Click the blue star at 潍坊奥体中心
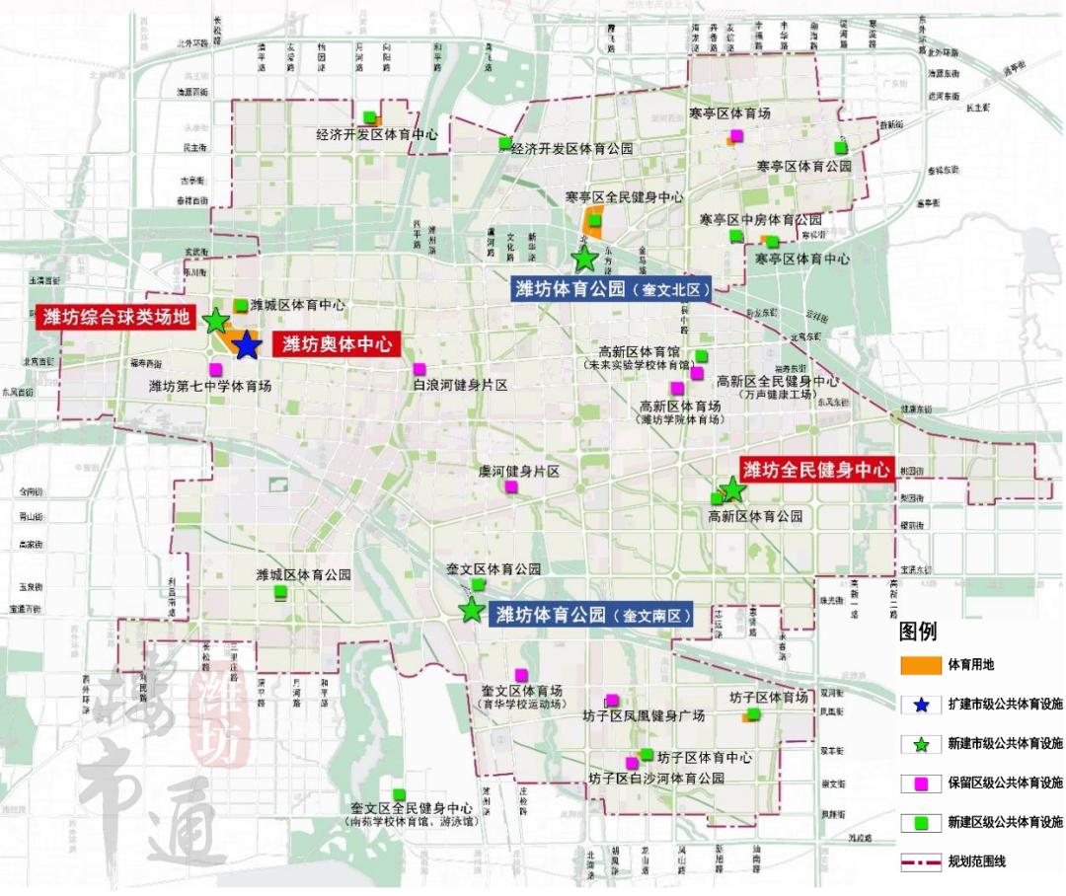246,345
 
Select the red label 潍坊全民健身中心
817,469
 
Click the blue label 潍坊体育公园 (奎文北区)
612,289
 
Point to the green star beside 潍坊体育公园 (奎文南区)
472,611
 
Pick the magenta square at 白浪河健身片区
419,369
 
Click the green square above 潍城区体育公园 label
280,592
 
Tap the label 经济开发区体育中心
376,134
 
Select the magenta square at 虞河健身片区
510,488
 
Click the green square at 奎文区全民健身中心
399,794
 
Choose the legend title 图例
918,632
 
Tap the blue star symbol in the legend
920,705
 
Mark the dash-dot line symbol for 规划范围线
920,861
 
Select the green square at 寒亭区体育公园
840,148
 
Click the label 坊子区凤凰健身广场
643,716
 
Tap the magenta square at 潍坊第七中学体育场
215,369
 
